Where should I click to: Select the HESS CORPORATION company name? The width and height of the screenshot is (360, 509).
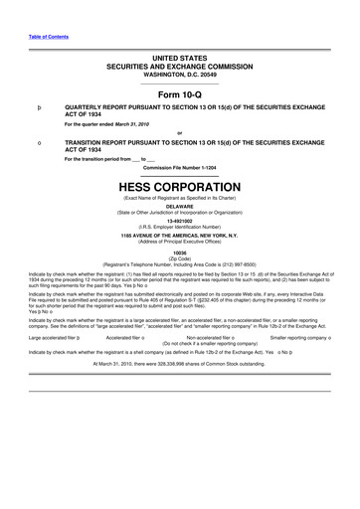179,186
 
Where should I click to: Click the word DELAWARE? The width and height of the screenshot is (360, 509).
179,207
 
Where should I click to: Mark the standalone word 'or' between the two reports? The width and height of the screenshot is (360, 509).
179,133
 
